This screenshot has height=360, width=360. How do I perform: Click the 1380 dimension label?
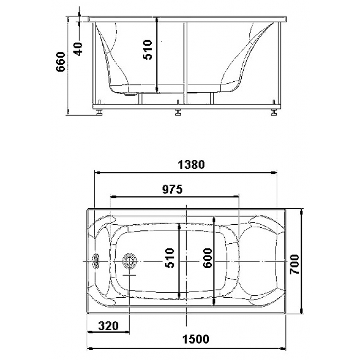(x=191, y=165)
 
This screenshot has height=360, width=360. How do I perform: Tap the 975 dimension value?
(x=172, y=189)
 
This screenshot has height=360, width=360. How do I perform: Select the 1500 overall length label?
(x=196, y=339)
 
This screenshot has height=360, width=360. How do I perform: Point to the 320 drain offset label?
(x=108, y=326)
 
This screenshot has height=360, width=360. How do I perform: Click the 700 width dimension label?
(x=295, y=264)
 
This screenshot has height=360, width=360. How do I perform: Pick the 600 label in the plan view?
(x=208, y=258)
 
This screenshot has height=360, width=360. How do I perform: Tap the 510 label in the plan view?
(x=170, y=258)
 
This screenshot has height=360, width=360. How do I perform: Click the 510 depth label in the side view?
(x=148, y=50)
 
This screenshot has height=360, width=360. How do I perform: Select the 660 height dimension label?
(x=61, y=62)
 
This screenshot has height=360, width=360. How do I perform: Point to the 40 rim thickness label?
(x=78, y=49)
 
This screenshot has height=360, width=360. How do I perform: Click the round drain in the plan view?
(x=130, y=261)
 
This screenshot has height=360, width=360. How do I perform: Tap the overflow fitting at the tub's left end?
(x=96, y=261)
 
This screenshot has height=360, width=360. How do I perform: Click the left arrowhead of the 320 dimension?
(x=91, y=332)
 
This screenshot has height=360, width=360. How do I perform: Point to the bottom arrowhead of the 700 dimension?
(x=302, y=311)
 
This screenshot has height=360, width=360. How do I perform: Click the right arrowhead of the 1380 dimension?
(x=274, y=172)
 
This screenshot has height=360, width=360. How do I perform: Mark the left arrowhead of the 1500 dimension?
(x=90, y=349)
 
